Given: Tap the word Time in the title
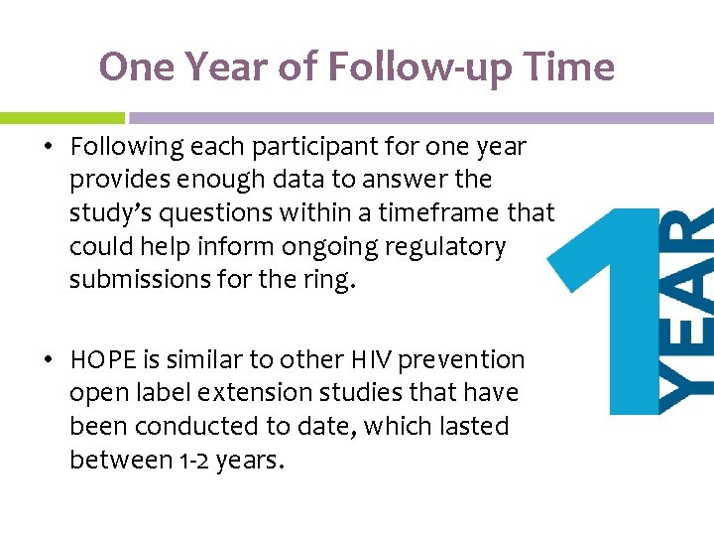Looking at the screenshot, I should (569, 67).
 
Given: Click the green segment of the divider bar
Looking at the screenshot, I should (61, 117).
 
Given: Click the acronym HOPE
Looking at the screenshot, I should (102, 359).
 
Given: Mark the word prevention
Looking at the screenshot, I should (465, 359).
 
